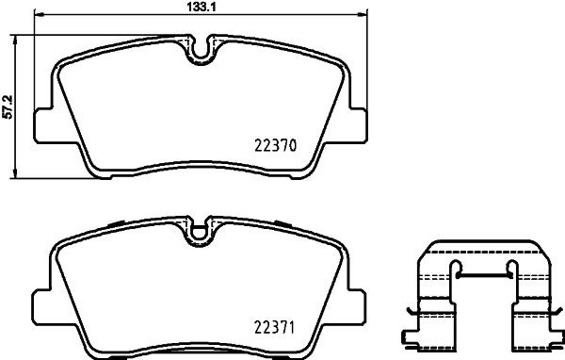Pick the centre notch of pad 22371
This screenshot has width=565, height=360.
click(200, 229)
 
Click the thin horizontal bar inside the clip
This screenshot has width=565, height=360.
click(483, 276)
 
